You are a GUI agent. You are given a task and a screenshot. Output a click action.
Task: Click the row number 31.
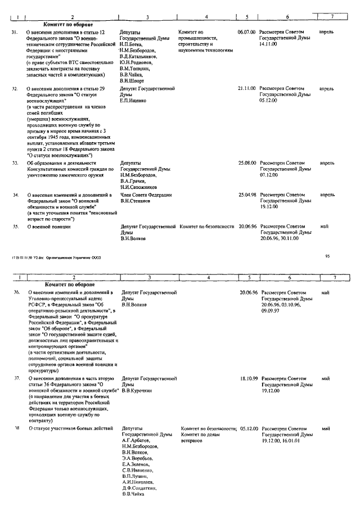pyautogui.click(x=15, y=33)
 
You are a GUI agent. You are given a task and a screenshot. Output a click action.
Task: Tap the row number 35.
pyautogui.click(x=16, y=227)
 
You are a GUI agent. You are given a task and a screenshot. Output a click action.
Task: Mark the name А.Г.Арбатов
pyautogui.click(x=137, y=441)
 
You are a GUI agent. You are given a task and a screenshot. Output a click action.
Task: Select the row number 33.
pyautogui.click(x=16, y=162)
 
